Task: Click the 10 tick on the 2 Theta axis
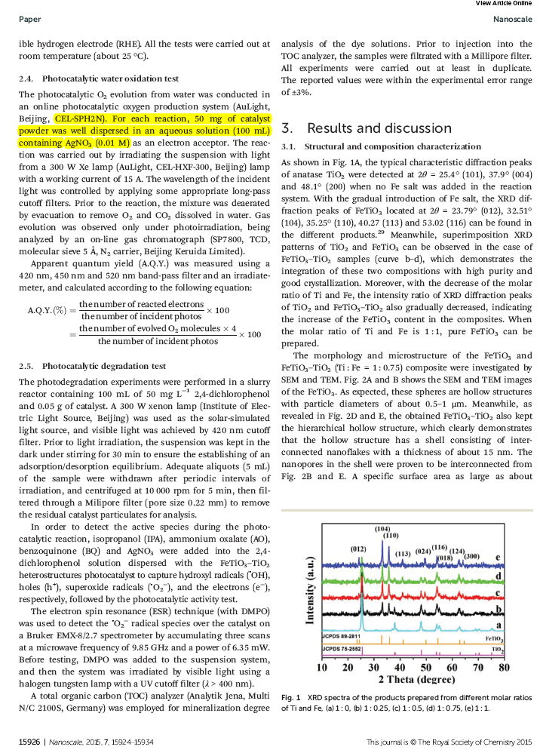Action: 322,668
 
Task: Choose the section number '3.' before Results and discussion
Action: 287,127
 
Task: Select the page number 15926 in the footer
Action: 30,742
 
